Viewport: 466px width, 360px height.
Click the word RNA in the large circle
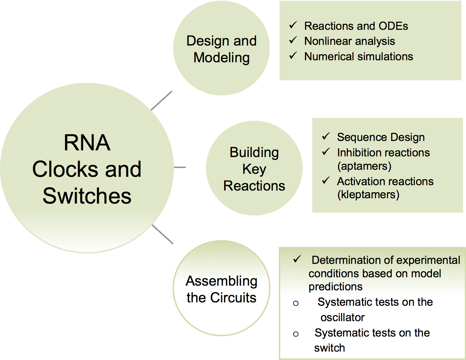[87, 143]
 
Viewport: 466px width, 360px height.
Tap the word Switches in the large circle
[87, 196]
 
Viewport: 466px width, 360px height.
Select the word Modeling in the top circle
[221, 58]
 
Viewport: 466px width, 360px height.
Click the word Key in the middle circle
[254, 169]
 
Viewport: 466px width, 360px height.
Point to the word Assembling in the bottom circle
[221, 281]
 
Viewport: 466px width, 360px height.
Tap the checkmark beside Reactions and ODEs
[293, 25]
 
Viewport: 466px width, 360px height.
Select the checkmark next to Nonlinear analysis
[293, 40]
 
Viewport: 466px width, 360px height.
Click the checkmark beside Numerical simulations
[293, 56]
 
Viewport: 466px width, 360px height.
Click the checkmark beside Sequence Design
[326, 136]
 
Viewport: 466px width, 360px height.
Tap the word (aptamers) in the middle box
[364, 166]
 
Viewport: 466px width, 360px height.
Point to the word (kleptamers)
[368, 195]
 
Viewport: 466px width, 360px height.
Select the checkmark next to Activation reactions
[326, 181]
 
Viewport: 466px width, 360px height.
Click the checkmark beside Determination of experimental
[297, 259]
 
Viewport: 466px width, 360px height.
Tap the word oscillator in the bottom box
[342, 317]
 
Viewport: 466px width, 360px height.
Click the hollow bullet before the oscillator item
[296, 303]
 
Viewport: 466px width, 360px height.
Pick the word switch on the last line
[330, 348]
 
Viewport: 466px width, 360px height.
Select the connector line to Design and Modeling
[161, 100]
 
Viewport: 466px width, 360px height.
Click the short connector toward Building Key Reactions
[180, 167]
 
